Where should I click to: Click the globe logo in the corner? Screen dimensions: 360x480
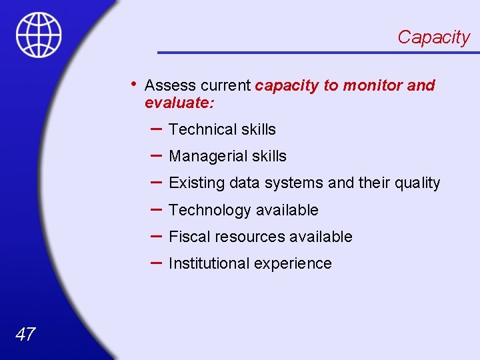point(39,35)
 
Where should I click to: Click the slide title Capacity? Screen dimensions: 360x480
point(433,37)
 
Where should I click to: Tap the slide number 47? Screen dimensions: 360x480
point(25,334)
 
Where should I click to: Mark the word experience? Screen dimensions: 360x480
point(293,264)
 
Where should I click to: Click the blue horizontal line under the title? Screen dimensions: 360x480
point(313,52)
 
